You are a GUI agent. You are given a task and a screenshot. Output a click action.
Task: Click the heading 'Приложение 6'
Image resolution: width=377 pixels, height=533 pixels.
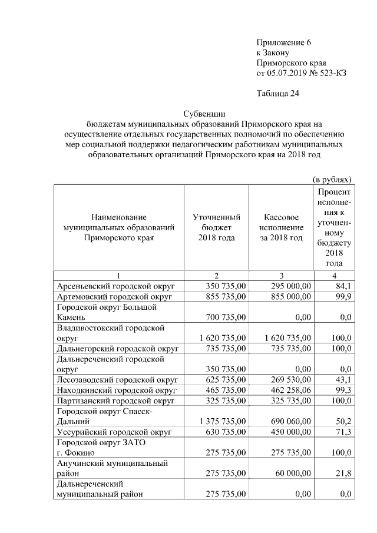pyautogui.click(x=283, y=43)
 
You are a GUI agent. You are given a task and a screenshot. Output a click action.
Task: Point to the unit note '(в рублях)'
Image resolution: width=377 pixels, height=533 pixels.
pyautogui.click(x=332, y=178)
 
